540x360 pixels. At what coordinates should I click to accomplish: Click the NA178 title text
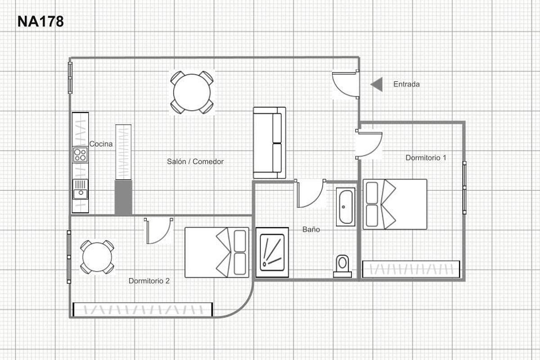[40, 22]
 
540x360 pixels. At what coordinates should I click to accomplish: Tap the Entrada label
[406, 84]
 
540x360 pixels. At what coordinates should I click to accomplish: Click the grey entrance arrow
[377, 85]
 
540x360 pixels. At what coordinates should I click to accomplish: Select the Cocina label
[101, 144]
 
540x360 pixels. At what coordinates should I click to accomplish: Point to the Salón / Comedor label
[195, 162]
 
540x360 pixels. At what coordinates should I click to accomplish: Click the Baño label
[311, 229]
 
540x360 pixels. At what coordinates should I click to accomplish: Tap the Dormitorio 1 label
[426, 157]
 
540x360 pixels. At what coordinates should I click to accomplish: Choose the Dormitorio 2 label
[149, 281]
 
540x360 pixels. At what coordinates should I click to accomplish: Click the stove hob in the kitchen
[80, 154]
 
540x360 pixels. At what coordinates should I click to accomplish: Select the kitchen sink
[80, 189]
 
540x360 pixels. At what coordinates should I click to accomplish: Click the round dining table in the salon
[192, 92]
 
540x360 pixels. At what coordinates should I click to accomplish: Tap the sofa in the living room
[270, 143]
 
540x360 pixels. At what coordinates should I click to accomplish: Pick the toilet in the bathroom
[342, 266]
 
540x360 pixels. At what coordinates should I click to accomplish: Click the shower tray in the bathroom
[272, 252]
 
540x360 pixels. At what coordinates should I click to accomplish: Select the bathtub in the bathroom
[346, 207]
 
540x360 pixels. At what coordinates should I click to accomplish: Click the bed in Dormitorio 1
[395, 204]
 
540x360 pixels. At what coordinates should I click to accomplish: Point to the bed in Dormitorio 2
[217, 252]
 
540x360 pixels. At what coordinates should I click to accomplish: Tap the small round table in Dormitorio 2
[97, 257]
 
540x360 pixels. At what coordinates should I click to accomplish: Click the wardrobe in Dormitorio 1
[411, 269]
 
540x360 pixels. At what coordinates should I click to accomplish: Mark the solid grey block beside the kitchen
[123, 198]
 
